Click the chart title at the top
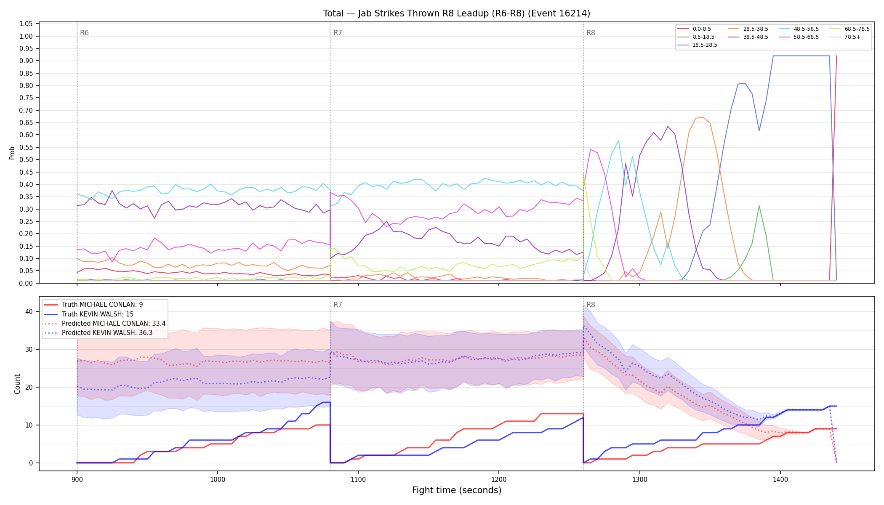coord(457,13)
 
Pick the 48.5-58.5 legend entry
coord(799,29)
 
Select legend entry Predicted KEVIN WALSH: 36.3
coord(105,333)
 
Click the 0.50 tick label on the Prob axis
coord(26,160)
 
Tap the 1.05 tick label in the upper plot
coord(26,24)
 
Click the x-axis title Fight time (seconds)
coord(457,491)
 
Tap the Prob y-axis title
coord(12,153)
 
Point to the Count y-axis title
coord(17,384)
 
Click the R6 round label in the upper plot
coord(84,33)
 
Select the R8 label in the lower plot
coord(591,305)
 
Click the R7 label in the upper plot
coord(338,33)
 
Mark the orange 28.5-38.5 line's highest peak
coord(703,117)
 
